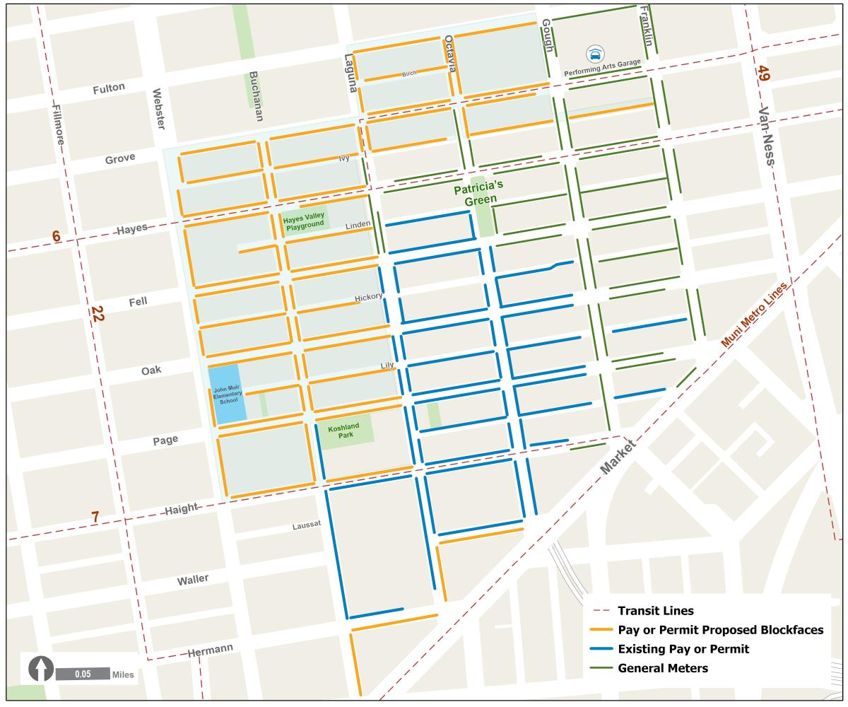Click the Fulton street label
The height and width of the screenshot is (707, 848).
coord(109,88)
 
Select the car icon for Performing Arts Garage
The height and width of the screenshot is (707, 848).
coord(596,54)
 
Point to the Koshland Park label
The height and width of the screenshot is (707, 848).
coord(344,431)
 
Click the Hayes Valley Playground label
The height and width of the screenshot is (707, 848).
coord(304,222)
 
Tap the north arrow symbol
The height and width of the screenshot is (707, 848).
coord(42,668)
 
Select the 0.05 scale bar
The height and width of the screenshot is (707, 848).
coord(83,674)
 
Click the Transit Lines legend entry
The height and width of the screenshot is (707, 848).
coord(654,611)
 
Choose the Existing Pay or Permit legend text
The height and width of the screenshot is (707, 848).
coord(683,649)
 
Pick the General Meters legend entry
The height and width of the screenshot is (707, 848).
coord(662,668)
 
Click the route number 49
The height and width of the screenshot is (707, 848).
coord(763,74)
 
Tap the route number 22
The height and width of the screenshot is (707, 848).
coord(97,315)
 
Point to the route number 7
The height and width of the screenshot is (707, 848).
coord(95,518)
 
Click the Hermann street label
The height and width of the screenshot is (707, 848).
coord(210,652)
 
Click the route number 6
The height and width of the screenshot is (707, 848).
coord(56,237)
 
